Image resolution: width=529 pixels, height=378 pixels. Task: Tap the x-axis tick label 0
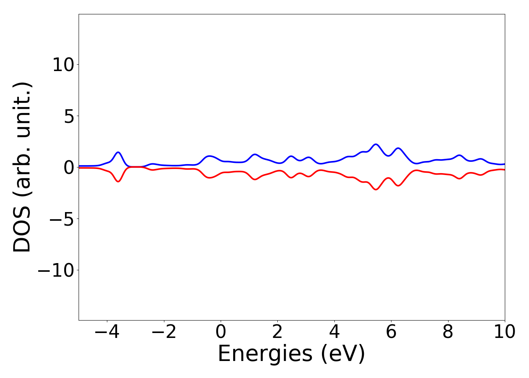pyautogui.click(x=221, y=332)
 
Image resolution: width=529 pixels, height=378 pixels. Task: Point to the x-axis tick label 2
pyautogui.click(x=277, y=332)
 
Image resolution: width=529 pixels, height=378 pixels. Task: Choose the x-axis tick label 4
pyautogui.click(x=334, y=332)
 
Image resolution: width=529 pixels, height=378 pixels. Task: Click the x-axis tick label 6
pyautogui.click(x=391, y=332)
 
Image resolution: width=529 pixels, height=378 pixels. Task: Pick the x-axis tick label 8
pyautogui.click(x=448, y=332)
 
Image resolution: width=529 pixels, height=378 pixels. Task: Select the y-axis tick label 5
pyautogui.click(x=69, y=116)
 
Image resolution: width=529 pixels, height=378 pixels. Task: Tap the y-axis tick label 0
pyautogui.click(x=69, y=167)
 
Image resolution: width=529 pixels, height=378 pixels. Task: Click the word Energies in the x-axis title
pyautogui.click(x=265, y=354)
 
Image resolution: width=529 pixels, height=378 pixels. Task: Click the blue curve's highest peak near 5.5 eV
pyautogui.click(x=376, y=144)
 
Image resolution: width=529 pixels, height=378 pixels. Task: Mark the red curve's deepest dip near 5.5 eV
pyautogui.click(x=376, y=189)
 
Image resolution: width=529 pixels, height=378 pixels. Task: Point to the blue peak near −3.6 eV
pyautogui.click(x=118, y=152)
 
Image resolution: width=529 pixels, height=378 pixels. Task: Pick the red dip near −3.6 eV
pyautogui.click(x=118, y=181)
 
